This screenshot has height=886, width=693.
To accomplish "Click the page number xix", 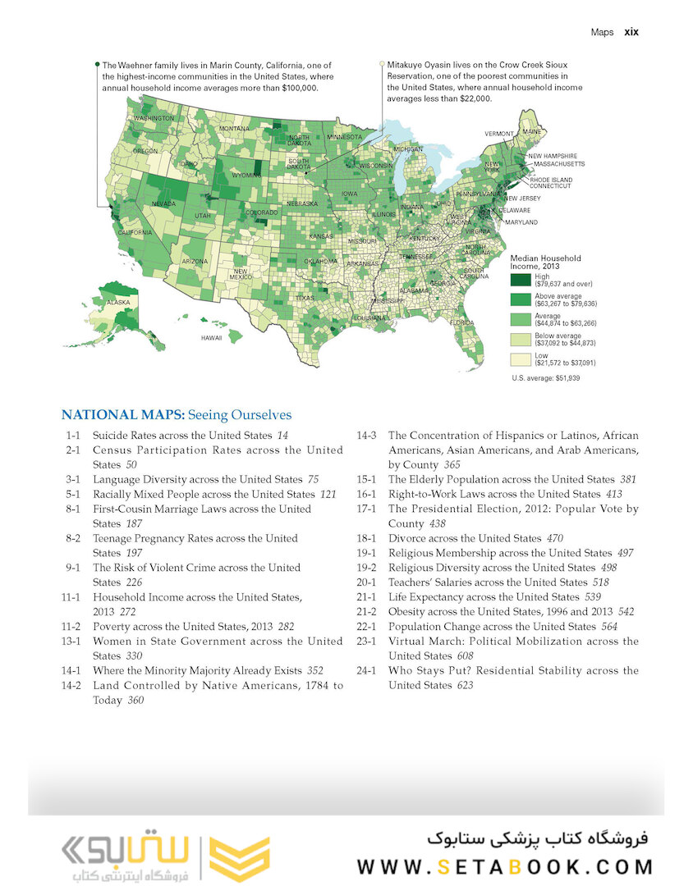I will (631, 32).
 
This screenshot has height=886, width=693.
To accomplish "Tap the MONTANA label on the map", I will (234, 129).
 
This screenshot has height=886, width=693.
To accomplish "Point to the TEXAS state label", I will (305, 298).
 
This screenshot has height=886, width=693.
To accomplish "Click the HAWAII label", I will (212, 337).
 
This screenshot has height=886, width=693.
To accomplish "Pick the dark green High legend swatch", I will (521, 280).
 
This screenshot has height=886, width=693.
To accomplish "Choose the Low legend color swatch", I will (521, 359).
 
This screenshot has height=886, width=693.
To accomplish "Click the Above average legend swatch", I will (521, 299).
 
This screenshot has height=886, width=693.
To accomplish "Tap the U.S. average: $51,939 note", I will (544, 378).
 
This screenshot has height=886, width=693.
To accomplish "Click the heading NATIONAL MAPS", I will (122, 415).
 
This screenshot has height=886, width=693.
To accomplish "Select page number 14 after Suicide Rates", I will (282, 436).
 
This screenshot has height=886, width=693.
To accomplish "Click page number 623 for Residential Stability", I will (465, 685).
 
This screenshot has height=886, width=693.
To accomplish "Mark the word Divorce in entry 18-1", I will (407, 538).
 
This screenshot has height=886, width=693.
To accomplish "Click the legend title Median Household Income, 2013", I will (545, 262).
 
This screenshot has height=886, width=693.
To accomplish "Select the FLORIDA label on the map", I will (461, 322).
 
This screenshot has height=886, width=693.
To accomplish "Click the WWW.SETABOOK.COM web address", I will (505, 866).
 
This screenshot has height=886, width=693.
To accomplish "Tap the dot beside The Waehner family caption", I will (97, 63).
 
